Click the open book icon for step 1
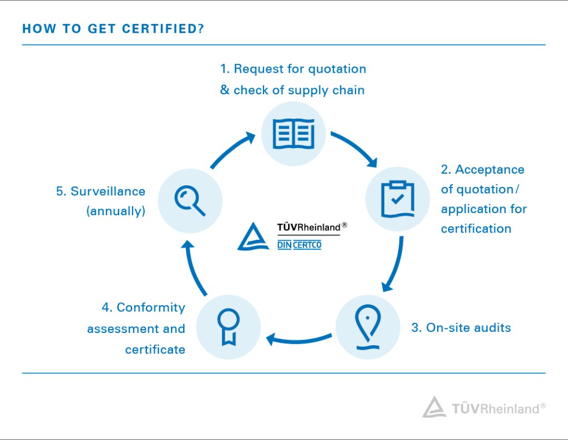click(x=293, y=133)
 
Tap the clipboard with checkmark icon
click(x=397, y=199)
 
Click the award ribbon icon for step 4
click(x=228, y=327)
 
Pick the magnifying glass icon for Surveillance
click(x=190, y=201)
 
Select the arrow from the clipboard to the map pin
click(x=396, y=265)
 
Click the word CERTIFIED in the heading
click(x=164, y=29)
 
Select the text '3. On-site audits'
click(x=461, y=328)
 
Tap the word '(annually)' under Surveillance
click(x=116, y=211)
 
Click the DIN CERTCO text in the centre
click(x=299, y=245)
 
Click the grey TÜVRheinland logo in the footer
click(x=484, y=407)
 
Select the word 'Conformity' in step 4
click(x=151, y=308)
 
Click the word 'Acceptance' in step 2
click(x=490, y=170)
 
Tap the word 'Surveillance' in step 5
click(x=108, y=191)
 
